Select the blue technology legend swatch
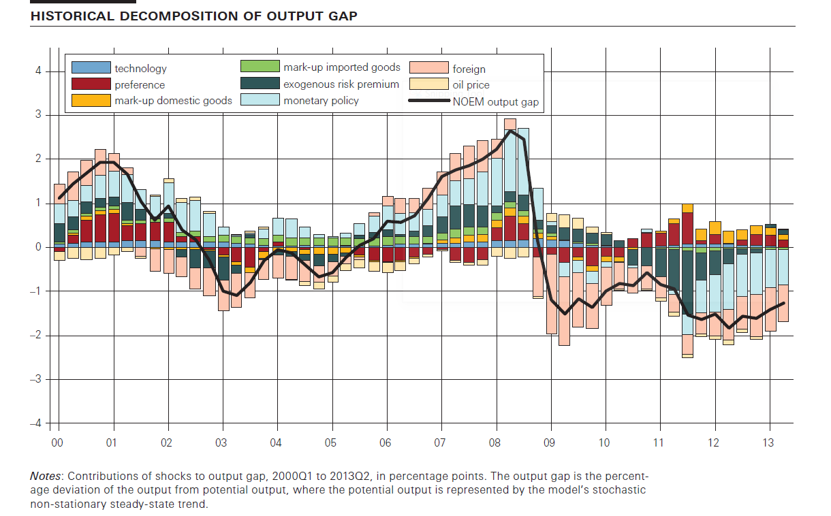[91, 68]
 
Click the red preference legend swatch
[91, 84]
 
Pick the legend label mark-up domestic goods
[173, 101]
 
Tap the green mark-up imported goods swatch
[260, 67]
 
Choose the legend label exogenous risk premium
[341, 84]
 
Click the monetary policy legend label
[321, 101]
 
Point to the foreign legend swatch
[428, 69]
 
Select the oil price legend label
[471, 85]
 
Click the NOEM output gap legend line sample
[428, 102]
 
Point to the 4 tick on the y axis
[38, 71]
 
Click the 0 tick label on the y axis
[38, 247]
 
